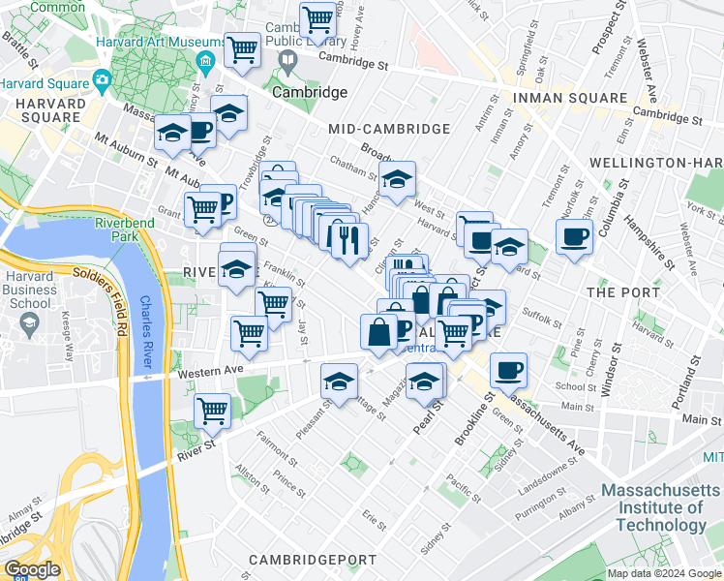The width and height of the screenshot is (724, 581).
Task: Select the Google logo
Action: pyautogui.click(x=32, y=570)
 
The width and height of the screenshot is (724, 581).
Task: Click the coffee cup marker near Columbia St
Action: pyautogui.click(x=574, y=236)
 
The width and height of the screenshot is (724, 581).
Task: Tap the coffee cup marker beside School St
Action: pyautogui.click(x=508, y=369)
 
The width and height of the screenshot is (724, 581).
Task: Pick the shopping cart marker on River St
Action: pyautogui.click(x=212, y=410)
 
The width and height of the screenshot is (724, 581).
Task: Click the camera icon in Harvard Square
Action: pyautogui.click(x=99, y=78)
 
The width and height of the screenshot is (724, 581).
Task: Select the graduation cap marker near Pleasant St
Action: pyautogui.click(x=339, y=382)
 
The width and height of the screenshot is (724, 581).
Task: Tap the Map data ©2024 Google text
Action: pyautogui.click(x=663, y=573)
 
